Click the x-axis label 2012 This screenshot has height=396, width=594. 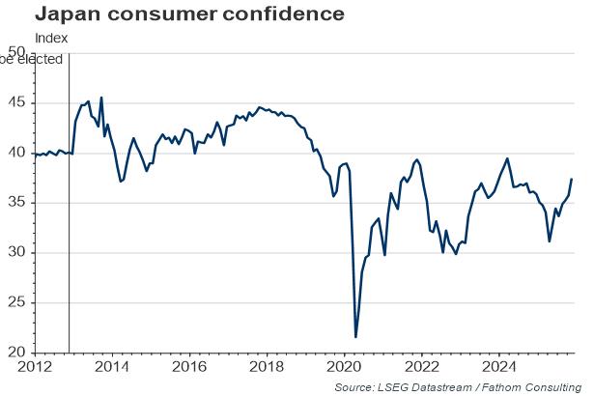click(35, 367)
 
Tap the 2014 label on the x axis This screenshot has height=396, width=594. click(112, 367)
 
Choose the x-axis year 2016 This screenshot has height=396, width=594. click(190, 367)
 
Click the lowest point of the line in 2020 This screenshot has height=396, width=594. click(356, 337)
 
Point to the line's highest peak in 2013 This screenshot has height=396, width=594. click(101, 98)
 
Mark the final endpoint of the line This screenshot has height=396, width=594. click(572, 179)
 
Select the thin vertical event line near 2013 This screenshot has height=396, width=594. click(69, 241)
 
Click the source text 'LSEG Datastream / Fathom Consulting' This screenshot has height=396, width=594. click(477, 386)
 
